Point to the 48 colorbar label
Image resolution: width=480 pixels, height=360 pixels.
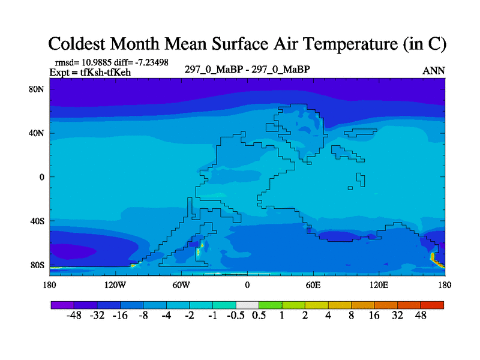coord(421,315)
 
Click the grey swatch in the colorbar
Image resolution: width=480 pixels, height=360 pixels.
coord(247,305)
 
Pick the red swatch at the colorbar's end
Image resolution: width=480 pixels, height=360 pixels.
coord(433,305)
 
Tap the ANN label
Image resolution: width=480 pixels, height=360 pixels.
coord(434,71)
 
